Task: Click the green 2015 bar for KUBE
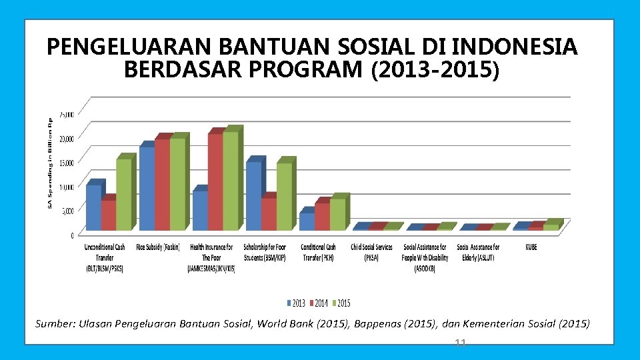[x=551, y=227]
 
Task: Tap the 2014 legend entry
[x=320, y=303]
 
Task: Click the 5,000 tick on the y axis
[x=67, y=211]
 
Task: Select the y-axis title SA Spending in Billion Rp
[x=49, y=162]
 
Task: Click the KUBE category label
[x=531, y=247]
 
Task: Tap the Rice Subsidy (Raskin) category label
[x=158, y=247]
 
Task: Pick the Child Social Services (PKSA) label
[x=371, y=251]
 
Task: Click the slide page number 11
[x=459, y=342]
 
